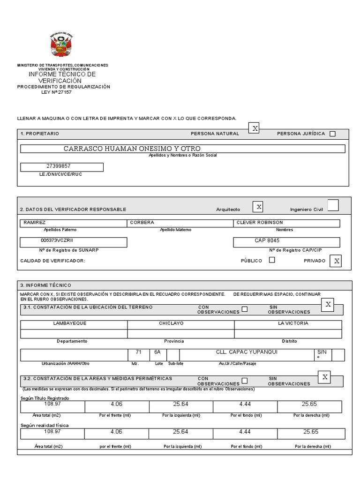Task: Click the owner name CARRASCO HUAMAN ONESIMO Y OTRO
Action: pos(132,149)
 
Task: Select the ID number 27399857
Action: pos(59,166)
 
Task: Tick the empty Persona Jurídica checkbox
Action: pos(332,134)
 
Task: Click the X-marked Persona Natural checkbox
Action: pos(254,128)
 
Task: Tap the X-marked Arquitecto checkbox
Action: pos(258,207)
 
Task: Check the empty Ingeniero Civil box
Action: pos(332,206)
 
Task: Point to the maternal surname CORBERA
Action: pos(142,223)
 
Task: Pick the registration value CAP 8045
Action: pos(267,240)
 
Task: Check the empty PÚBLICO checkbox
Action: pos(272,260)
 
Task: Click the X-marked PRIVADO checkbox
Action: pos(335,261)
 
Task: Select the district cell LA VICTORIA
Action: pos(293,323)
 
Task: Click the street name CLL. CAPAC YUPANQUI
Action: pos(246,352)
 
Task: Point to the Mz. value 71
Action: pos(138,352)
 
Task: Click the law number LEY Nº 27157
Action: pos(57,92)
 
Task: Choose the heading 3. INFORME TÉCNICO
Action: pos(45,285)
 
